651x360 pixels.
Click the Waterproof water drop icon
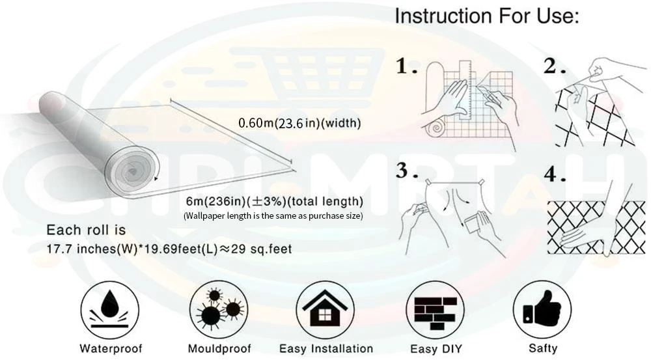pyautogui.click(x=109, y=310)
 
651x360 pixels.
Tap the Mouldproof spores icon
pyautogui.click(x=219, y=310)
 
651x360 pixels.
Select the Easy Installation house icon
pyautogui.click(x=325, y=310)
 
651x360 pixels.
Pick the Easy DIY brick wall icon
pyautogui.click(x=435, y=310)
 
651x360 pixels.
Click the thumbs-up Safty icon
pyautogui.click(x=542, y=310)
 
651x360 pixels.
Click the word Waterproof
pyautogui.click(x=111, y=348)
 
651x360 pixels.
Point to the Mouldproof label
pyautogui.click(x=219, y=348)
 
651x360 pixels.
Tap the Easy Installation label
pyautogui.click(x=326, y=348)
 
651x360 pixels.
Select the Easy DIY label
pyautogui.click(x=436, y=349)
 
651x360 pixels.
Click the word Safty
pyautogui.click(x=543, y=348)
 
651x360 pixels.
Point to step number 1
pyautogui.click(x=405, y=66)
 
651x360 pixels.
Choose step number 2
pyautogui.click(x=554, y=66)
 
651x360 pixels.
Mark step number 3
pyautogui.click(x=406, y=171)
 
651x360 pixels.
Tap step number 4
pyautogui.click(x=555, y=174)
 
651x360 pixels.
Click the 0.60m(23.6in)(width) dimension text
pyautogui.click(x=299, y=123)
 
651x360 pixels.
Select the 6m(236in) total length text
pyautogui.click(x=275, y=201)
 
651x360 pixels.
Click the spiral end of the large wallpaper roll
pyautogui.click(x=132, y=171)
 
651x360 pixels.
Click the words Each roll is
pyautogui.click(x=86, y=230)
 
